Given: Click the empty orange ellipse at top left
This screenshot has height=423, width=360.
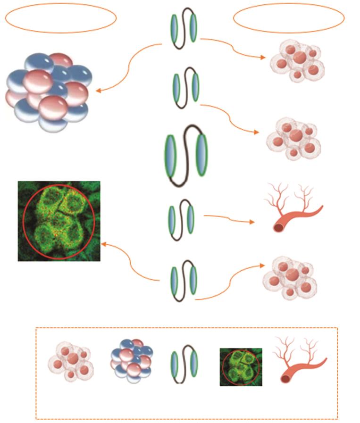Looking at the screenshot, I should tap(61, 18).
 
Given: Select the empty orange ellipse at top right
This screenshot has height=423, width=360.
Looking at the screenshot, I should tap(289, 18).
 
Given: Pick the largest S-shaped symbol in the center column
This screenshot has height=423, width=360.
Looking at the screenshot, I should tap(186, 156).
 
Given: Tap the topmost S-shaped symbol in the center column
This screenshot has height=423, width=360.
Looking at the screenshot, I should tap(184, 29).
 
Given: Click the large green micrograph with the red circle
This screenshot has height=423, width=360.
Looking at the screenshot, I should tap(59, 221).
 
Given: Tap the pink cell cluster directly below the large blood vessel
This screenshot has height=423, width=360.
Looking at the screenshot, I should tap(289, 278).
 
